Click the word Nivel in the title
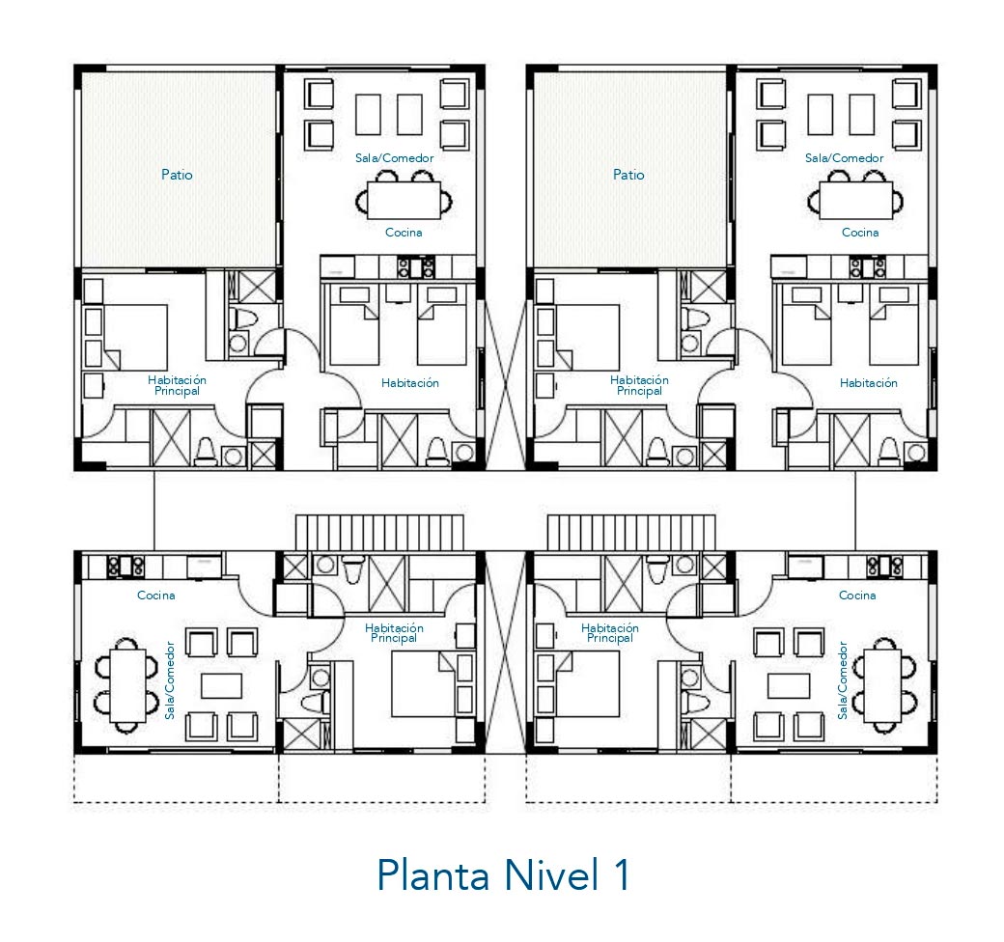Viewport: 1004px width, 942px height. pyautogui.click(x=552, y=874)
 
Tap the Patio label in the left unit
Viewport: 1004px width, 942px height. pyautogui.click(x=177, y=175)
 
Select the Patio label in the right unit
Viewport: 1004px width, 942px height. pyautogui.click(x=628, y=175)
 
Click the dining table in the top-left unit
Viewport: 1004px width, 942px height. pyautogui.click(x=404, y=201)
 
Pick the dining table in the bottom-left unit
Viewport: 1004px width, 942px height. pyautogui.click(x=128, y=685)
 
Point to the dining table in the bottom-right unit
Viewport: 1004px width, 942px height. pyautogui.click(x=882, y=685)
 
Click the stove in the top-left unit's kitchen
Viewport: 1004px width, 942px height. pyautogui.click(x=416, y=267)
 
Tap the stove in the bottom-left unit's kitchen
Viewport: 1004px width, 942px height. pyautogui.click(x=125, y=567)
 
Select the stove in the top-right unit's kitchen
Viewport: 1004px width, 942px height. pyautogui.click(x=868, y=267)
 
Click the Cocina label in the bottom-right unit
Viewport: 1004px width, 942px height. pyautogui.click(x=857, y=596)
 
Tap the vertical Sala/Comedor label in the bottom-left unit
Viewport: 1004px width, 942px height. pyautogui.click(x=170, y=680)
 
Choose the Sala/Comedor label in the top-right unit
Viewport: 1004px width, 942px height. pyautogui.click(x=844, y=158)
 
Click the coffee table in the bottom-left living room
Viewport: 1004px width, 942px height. pyautogui.click(x=221, y=686)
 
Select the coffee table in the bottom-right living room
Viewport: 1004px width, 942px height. pyautogui.click(x=789, y=686)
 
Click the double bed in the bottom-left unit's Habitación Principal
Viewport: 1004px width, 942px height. pyautogui.click(x=423, y=684)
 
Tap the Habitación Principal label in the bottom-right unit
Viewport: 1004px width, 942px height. pyautogui.click(x=609, y=633)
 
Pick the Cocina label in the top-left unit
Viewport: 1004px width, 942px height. pyautogui.click(x=404, y=233)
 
